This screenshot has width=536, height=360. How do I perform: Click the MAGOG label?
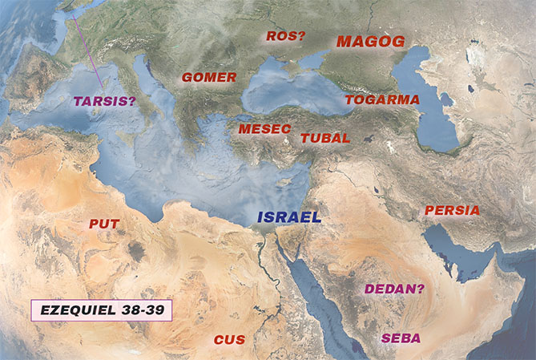coord(370,42)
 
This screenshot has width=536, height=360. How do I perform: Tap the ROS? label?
coord(285,36)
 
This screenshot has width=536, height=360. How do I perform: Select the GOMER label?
coord(209,78)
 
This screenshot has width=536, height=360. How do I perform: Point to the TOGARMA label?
coord(382,99)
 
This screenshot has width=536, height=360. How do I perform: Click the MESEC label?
coord(264,128)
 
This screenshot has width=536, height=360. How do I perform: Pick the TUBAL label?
coord(325,138)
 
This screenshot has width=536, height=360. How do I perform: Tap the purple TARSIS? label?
coord(104,102)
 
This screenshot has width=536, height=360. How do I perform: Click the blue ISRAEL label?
coord(288,217)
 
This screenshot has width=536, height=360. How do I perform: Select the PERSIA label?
coord(453,211)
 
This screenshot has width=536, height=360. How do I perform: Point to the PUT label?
coord(104,224)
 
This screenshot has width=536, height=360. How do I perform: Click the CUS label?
coord(229,340)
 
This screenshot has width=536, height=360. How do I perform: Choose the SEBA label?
coord(401,338)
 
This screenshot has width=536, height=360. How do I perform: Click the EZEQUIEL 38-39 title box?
coord(101,310)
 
